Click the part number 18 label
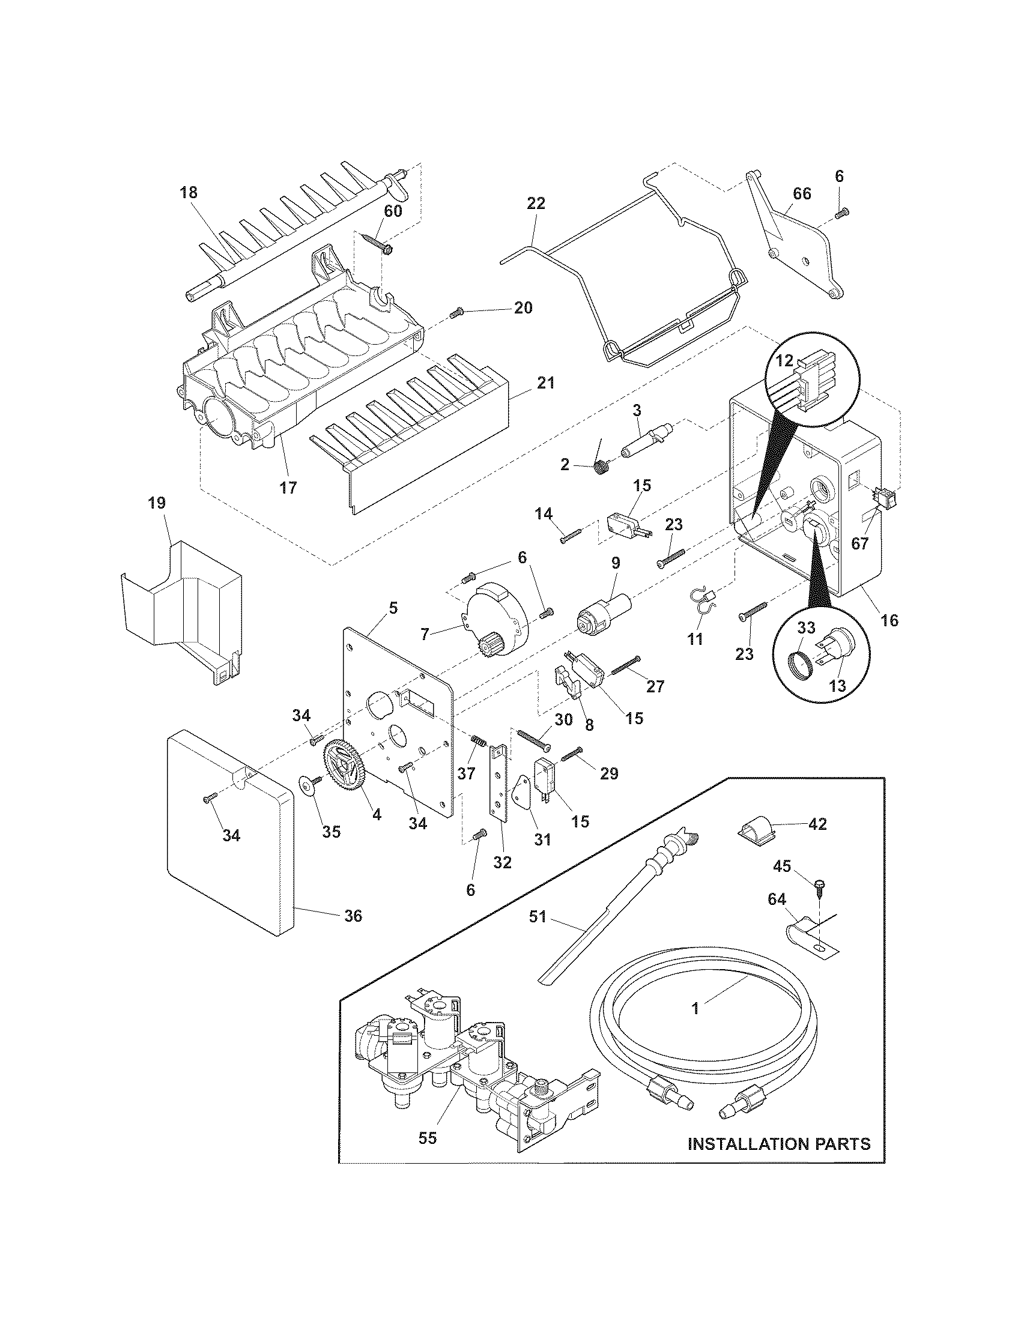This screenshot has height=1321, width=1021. point(189,193)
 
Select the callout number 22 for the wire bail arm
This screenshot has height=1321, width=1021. point(536,203)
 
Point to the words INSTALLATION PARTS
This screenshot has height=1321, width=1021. point(779,1143)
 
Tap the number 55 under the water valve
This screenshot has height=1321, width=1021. point(427,1138)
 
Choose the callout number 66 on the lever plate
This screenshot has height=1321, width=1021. point(802,194)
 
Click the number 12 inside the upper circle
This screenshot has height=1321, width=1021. point(784,361)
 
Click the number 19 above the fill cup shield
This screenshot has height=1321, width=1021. point(157,503)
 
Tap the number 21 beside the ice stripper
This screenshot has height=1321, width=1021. point(544,383)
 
